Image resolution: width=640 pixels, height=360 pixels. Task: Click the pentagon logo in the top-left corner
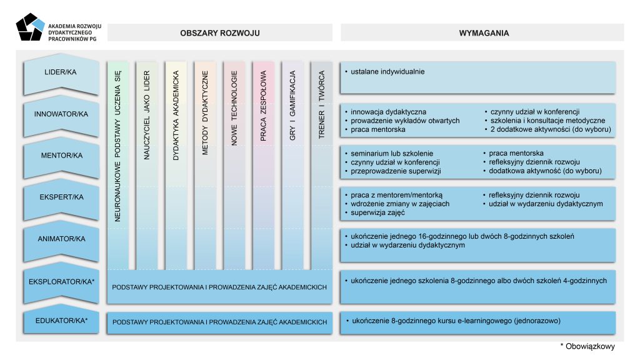tap(30, 28)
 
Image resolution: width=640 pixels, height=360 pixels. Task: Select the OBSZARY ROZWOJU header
tap(219, 32)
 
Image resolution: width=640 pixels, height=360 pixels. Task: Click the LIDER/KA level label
tap(61, 72)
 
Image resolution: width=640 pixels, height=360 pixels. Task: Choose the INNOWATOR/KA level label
tap(61, 114)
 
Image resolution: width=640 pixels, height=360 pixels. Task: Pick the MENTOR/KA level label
tap(61, 156)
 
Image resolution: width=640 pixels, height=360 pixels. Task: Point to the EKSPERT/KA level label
tap(61, 197)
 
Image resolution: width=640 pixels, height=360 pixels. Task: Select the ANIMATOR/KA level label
tap(61, 239)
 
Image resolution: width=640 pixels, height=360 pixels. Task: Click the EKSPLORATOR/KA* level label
tap(61, 281)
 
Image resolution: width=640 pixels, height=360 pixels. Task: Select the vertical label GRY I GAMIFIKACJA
tap(292, 110)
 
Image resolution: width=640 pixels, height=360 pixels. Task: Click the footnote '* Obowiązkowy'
tap(587, 346)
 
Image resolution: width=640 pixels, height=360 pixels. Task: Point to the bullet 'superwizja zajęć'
tap(379, 212)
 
